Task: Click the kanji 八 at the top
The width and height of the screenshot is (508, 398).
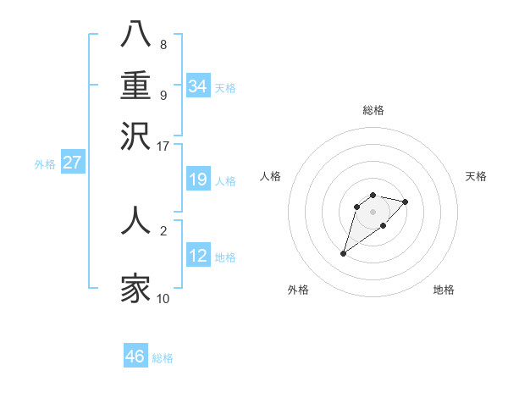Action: click(x=136, y=35)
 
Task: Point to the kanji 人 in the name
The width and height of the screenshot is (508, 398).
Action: click(x=136, y=219)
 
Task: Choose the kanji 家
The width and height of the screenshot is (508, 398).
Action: click(x=136, y=288)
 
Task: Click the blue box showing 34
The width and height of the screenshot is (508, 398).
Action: click(x=198, y=86)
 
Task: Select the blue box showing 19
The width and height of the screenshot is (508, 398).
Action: click(x=198, y=180)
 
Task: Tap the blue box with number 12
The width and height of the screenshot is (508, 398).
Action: click(x=198, y=256)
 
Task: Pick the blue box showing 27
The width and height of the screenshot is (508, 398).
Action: click(x=72, y=163)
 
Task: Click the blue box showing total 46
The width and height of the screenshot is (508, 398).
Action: click(x=135, y=357)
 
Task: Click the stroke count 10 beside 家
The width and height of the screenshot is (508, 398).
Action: click(x=163, y=298)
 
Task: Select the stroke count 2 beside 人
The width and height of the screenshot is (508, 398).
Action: click(x=163, y=229)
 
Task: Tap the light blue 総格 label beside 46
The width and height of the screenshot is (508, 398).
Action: click(x=163, y=358)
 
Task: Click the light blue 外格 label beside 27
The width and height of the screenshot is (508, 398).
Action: click(x=45, y=164)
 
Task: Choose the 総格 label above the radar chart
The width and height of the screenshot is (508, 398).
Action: click(x=373, y=110)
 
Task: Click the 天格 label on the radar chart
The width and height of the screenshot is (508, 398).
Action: click(x=476, y=176)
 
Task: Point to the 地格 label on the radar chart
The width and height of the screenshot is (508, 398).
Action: click(x=444, y=290)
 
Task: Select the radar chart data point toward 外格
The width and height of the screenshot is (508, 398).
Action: click(x=344, y=252)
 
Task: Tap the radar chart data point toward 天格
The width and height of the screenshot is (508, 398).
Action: click(x=406, y=202)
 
